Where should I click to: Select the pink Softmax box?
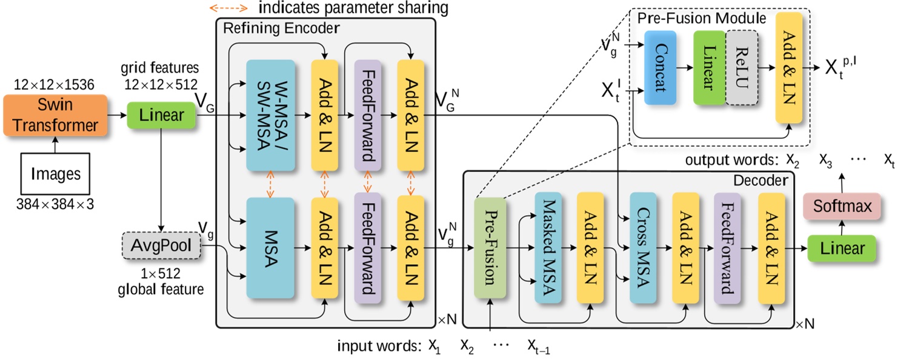[842, 207]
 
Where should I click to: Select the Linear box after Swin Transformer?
[161, 115]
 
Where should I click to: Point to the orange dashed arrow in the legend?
[228, 8]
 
